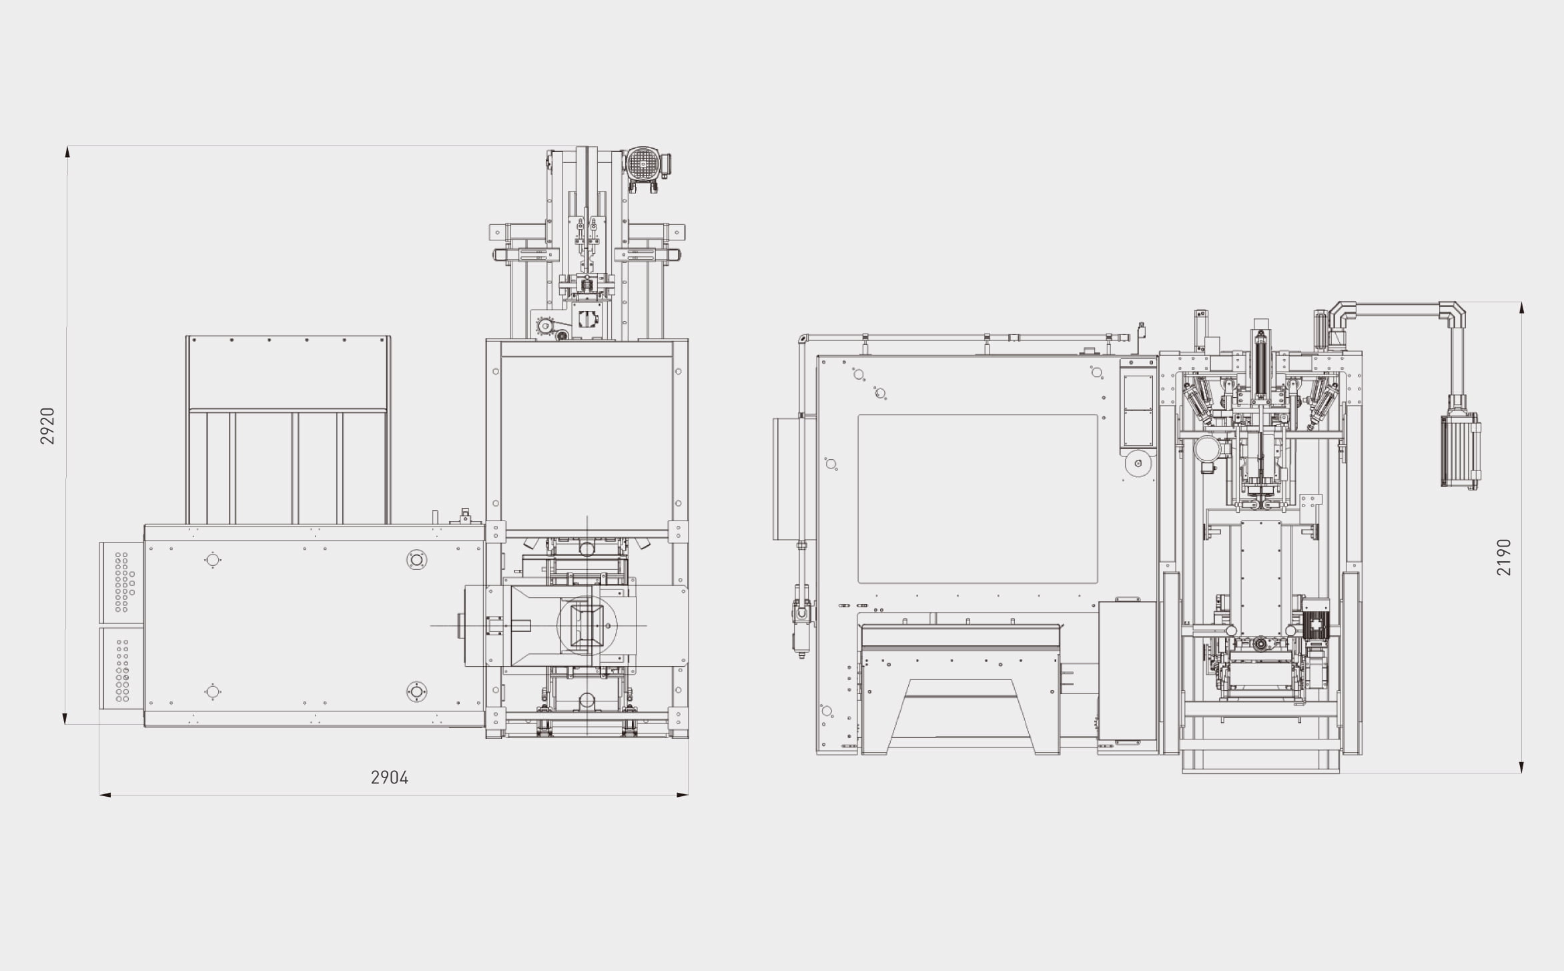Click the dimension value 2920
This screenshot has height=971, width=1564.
coord(47,426)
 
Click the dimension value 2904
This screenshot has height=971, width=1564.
coord(389,777)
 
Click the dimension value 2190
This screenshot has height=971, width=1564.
coord(1504,557)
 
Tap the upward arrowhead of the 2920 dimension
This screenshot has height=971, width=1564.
coord(67,151)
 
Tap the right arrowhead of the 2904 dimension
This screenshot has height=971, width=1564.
coord(683,795)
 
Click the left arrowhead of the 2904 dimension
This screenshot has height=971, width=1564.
coord(105,795)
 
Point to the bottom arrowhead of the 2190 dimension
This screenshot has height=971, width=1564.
coord(1521,767)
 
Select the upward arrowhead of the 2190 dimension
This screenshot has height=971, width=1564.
coord(1521,308)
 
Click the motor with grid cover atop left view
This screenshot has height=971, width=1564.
coord(644,164)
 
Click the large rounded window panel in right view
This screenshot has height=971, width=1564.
coord(978,499)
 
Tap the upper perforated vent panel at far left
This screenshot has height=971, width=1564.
coord(121,582)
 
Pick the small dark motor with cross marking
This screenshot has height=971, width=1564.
coord(1316,625)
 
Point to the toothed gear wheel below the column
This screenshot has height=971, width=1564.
coord(546,326)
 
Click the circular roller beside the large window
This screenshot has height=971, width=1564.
coord(1138,463)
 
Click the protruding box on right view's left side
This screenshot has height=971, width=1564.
coord(786,478)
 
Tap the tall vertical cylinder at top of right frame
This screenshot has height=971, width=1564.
coord(1260,367)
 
